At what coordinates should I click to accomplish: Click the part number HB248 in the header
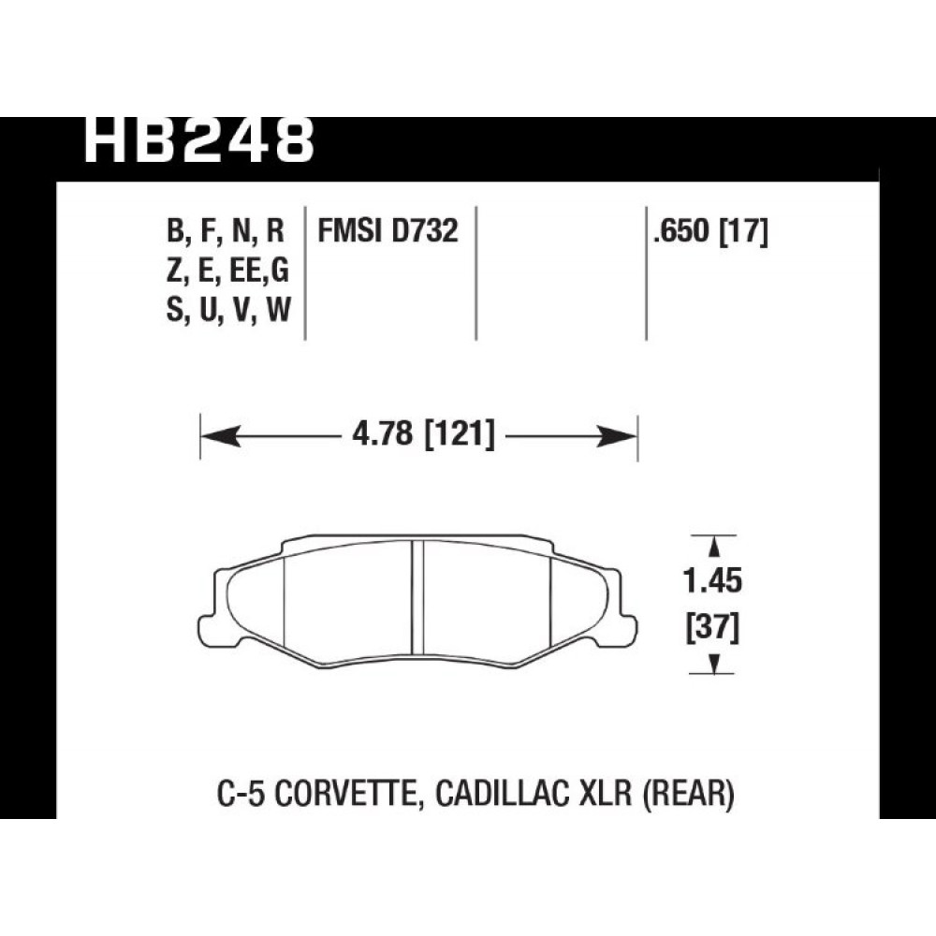(198, 140)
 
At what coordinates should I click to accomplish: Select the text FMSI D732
(388, 230)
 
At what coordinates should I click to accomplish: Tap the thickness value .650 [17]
(710, 231)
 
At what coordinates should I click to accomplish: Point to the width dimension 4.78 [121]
(423, 434)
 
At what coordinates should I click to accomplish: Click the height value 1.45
(712, 580)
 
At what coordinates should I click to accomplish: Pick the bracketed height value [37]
(712, 628)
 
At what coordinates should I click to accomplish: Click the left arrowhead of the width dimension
(222, 436)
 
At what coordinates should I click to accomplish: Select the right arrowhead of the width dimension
(617, 436)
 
